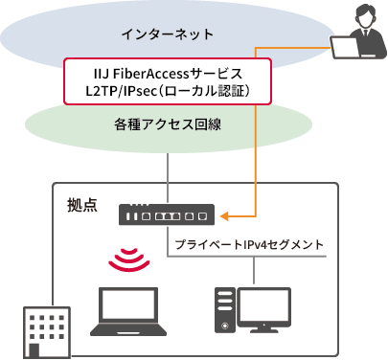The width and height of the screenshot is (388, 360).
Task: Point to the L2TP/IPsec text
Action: pos(121,92)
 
